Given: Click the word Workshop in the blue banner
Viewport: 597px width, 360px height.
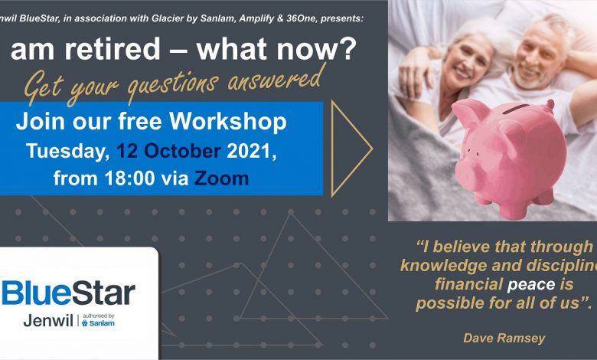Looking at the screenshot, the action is tap(227, 123).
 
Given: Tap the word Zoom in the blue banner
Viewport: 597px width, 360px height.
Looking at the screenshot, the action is tap(222, 178).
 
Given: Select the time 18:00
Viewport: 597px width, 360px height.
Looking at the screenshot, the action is tap(130, 178).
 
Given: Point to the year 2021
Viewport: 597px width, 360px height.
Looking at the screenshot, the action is tap(250, 151).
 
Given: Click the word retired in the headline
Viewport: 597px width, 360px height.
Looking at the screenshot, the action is tap(113, 49).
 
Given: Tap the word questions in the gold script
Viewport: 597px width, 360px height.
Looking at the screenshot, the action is tap(174, 85).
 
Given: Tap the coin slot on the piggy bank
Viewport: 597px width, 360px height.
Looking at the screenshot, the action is tap(516, 110).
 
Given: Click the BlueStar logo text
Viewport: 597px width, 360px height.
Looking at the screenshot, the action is tap(68, 293).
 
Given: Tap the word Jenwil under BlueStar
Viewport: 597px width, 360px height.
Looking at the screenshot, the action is tap(48, 321).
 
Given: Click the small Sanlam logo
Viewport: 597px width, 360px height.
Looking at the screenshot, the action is tap(98, 322).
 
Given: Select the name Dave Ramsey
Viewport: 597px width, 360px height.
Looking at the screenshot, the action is tap(504, 338).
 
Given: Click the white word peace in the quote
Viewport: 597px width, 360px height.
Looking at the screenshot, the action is tap(531, 285).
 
